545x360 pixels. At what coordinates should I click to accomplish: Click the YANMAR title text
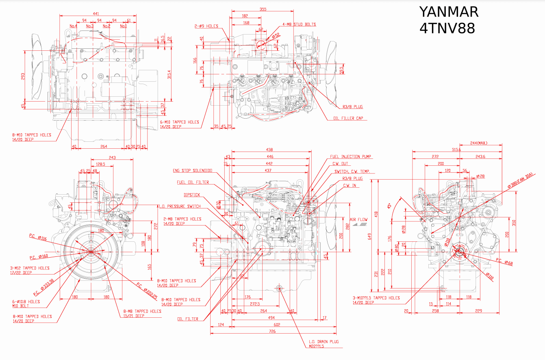(x=449, y=12)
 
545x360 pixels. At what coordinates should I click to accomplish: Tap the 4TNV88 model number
(x=447, y=29)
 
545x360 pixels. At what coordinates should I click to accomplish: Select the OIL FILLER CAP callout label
(x=348, y=119)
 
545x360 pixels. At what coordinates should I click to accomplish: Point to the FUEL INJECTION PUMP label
(x=350, y=156)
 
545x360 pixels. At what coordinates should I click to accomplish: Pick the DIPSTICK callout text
(x=192, y=195)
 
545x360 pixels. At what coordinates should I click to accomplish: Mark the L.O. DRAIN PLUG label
(x=324, y=342)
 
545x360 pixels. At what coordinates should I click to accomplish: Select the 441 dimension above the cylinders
(x=96, y=14)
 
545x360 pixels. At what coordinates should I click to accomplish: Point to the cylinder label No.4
(x=73, y=26)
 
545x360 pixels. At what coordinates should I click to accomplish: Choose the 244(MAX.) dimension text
(x=478, y=143)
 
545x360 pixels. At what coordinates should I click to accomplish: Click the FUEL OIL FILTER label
(x=193, y=182)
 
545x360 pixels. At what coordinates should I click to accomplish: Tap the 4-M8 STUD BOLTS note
(x=300, y=25)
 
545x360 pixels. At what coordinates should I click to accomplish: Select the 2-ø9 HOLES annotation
(x=206, y=26)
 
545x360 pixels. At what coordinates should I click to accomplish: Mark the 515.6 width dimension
(x=456, y=150)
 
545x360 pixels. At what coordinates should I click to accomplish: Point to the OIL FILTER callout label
(x=188, y=319)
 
